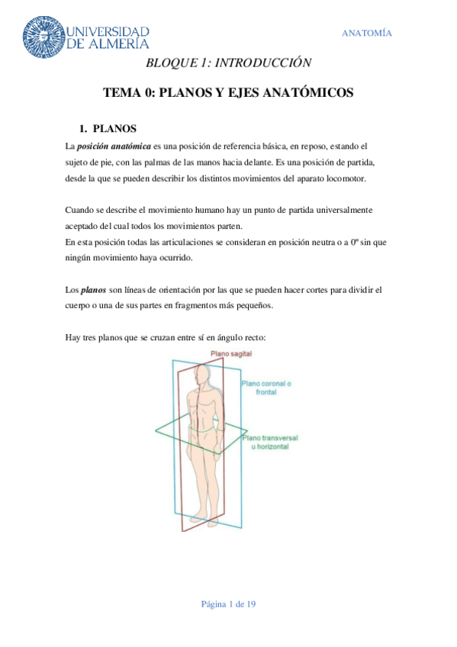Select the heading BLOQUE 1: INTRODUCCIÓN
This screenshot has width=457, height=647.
[x=229, y=63]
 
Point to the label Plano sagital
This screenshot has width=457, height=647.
[x=232, y=354]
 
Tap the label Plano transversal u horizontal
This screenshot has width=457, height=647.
[x=269, y=444]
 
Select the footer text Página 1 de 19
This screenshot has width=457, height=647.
[x=228, y=604]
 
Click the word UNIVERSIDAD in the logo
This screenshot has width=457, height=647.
[x=108, y=31]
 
